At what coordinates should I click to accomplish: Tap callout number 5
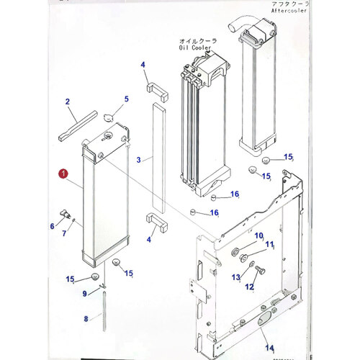pos(126,99)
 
